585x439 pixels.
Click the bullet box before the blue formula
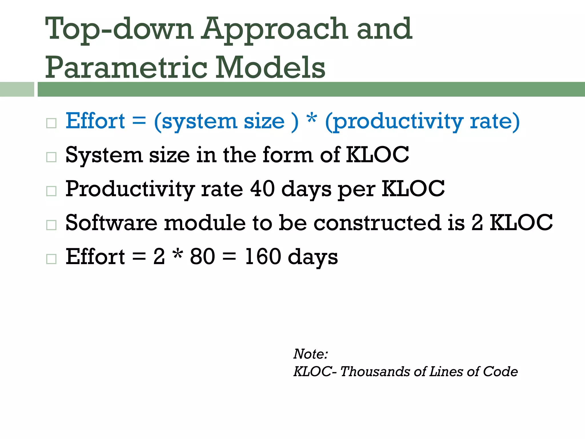(51, 123)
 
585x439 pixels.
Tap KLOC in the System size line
(377, 155)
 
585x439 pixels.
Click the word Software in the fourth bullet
(111, 223)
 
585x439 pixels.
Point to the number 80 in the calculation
(202, 256)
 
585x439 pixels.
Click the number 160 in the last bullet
(263, 256)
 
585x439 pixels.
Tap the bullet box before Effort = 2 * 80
(51, 259)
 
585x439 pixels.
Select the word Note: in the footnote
(311, 354)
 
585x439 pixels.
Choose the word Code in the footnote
(500, 372)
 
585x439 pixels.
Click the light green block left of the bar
(17, 89)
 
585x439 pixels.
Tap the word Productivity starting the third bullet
(130, 189)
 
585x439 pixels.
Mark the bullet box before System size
(51, 157)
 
